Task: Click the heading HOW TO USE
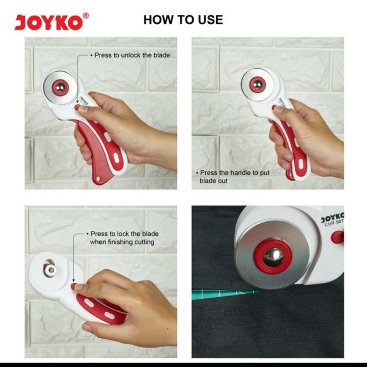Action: (183, 20)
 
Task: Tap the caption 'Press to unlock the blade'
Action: (130, 55)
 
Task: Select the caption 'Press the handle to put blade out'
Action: (233, 177)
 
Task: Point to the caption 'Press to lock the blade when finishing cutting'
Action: (122, 238)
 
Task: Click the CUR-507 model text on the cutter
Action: (334, 223)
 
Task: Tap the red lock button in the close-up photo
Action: (337, 237)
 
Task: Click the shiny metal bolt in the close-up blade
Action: (273, 257)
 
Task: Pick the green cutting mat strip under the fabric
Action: (224, 294)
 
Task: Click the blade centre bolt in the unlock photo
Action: (60, 88)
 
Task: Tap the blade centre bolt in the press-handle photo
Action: (258, 84)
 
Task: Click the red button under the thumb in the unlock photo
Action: (77, 107)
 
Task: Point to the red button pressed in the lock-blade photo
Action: (73, 286)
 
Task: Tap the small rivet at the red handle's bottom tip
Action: (99, 179)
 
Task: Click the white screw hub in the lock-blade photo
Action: (51, 270)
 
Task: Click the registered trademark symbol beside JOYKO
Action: (86, 16)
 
